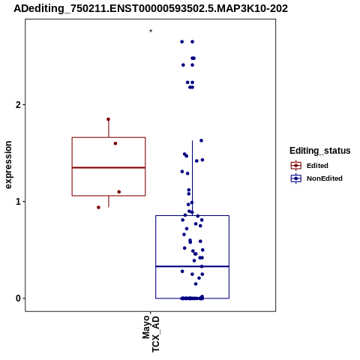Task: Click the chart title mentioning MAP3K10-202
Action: point(151,8)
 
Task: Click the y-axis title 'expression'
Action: point(8,165)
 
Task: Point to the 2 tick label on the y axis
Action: point(18,105)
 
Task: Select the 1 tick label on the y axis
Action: point(18,202)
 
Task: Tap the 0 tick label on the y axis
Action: point(18,298)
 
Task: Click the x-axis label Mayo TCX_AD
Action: point(151,334)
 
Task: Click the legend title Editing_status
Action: point(320,151)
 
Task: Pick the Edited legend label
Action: point(317,166)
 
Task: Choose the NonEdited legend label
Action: point(325,178)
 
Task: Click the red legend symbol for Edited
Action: point(296,166)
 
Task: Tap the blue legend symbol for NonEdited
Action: point(296,178)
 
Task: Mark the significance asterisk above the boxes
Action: point(151,31)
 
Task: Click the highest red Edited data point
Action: point(108,119)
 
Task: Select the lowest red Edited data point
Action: point(98,207)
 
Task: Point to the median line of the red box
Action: point(109,167)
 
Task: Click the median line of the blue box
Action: point(192,266)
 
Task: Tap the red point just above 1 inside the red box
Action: point(119,192)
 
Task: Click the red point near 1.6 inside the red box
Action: point(115,143)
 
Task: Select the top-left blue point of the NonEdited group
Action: point(182,42)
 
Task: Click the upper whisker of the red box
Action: point(109,128)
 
